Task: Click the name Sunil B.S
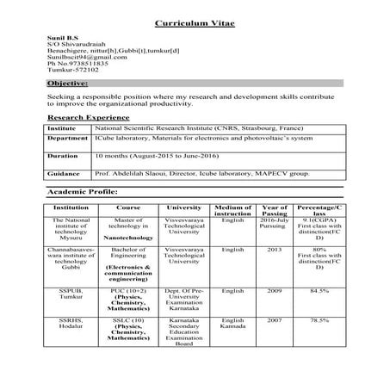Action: click(62, 40)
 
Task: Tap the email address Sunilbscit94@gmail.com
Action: click(78, 56)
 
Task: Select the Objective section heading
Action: click(68, 84)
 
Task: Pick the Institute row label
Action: click(61, 127)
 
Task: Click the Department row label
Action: click(67, 139)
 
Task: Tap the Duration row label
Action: click(63, 156)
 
